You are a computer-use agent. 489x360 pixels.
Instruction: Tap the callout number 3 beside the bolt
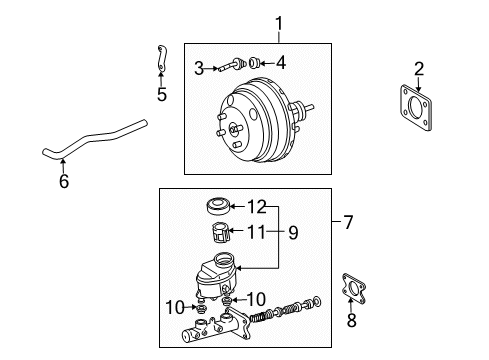[200, 67]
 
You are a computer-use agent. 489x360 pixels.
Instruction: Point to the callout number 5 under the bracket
[162, 96]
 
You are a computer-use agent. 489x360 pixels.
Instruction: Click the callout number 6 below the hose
[64, 181]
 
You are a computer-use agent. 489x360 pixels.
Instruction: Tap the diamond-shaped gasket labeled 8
[354, 290]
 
